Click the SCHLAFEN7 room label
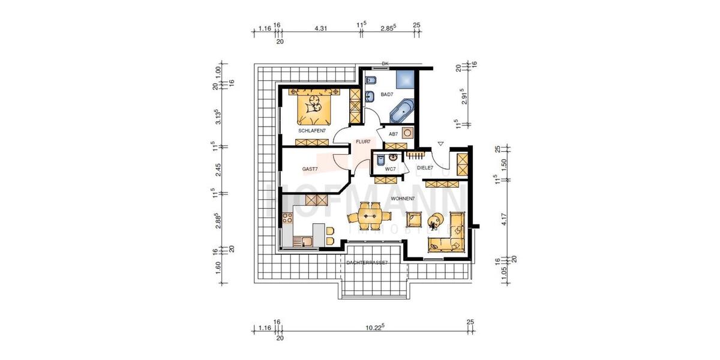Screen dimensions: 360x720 pyautogui.click(x=311, y=130)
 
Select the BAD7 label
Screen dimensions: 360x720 pyautogui.click(x=386, y=94)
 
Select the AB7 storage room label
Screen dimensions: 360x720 pyautogui.click(x=393, y=134)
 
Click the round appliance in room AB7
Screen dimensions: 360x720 pyautogui.click(x=407, y=133)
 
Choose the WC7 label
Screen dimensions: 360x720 pyautogui.click(x=390, y=169)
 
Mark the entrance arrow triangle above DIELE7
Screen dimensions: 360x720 pyautogui.click(x=441, y=144)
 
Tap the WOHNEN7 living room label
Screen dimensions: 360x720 pyautogui.click(x=403, y=197)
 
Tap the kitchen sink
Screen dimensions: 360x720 pyautogui.click(x=306, y=242)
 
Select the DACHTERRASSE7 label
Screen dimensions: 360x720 pyautogui.click(x=367, y=263)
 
